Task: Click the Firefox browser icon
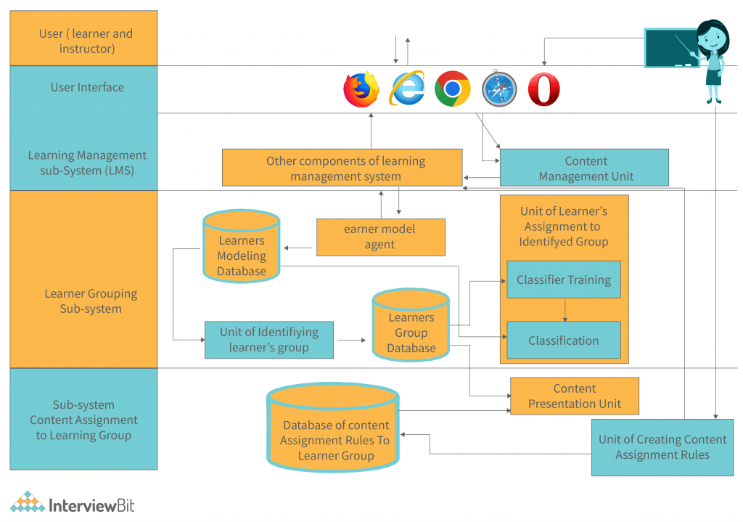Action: click(361, 89)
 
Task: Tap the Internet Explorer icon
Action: click(407, 89)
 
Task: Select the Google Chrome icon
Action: click(453, 89)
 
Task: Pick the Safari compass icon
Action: click(499, 90)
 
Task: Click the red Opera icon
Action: click(544, 90)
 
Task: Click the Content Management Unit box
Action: click(585, 168)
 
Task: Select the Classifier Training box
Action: click(564, 280)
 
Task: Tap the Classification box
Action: click(564, 340)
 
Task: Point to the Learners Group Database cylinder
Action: click(411, 326)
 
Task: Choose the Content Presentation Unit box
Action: click(575, 396)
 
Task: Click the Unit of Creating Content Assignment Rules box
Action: click(662, 447)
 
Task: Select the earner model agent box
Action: click(380, 237)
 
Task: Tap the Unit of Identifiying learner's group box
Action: click(269, 340)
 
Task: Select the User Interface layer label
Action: click(87, 87)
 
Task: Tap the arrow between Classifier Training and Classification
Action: click(565, 310)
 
